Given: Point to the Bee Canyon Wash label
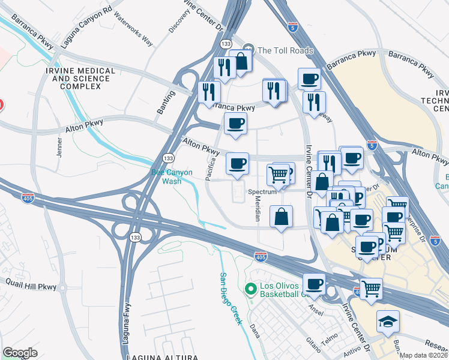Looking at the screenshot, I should click(x=172, y=176).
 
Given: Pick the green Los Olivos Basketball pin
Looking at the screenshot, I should click(x=251, y=290).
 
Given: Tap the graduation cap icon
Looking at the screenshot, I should click(x=388, y=322).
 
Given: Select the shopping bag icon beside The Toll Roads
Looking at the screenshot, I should click(x=241, y=61).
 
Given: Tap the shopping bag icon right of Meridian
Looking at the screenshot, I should click(x=281, y=217).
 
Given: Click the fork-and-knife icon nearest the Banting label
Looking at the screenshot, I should click(x=209, y=91).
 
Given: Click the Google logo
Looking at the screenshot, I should click(x=20, y=352).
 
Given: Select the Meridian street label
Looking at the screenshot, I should click(x=257, y=209).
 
